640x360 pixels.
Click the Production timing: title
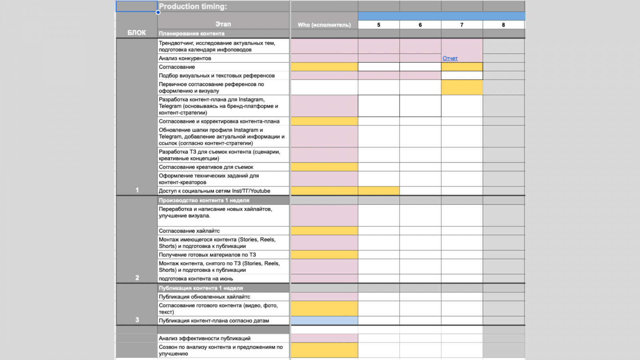click(x=193, y=6)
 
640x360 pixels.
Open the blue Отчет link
click(x=450, y=58)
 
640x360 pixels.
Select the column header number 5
click(x=378, y=25)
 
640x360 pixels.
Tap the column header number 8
click(x=503, y=25)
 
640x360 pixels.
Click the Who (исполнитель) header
click(x=324, y=25)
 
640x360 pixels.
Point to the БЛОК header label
click(x=136, y=33)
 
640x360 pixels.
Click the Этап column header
click(x=223, y=24)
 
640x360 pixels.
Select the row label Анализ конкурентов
click(x=185, y=58)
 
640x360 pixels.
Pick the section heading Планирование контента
click(x=192, y=34)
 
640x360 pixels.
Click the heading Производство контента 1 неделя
click(x=204, y=200)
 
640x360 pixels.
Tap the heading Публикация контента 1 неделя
click(x=201, y=288)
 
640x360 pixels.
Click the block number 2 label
click(x=137, y=278)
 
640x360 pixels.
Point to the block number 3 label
click(x=137, y=320)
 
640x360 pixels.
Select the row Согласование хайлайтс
click(x=189, y=231)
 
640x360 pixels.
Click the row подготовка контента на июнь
click(x=196, y=279)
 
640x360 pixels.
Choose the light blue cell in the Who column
click(x=324, y=321)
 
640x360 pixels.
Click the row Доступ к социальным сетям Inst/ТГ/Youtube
click(x=214, y=191)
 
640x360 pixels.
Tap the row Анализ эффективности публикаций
click(x=204, y=338)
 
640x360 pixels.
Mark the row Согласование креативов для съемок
click(x=206, y=167)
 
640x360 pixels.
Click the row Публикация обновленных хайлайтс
click(x=204, y=297)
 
